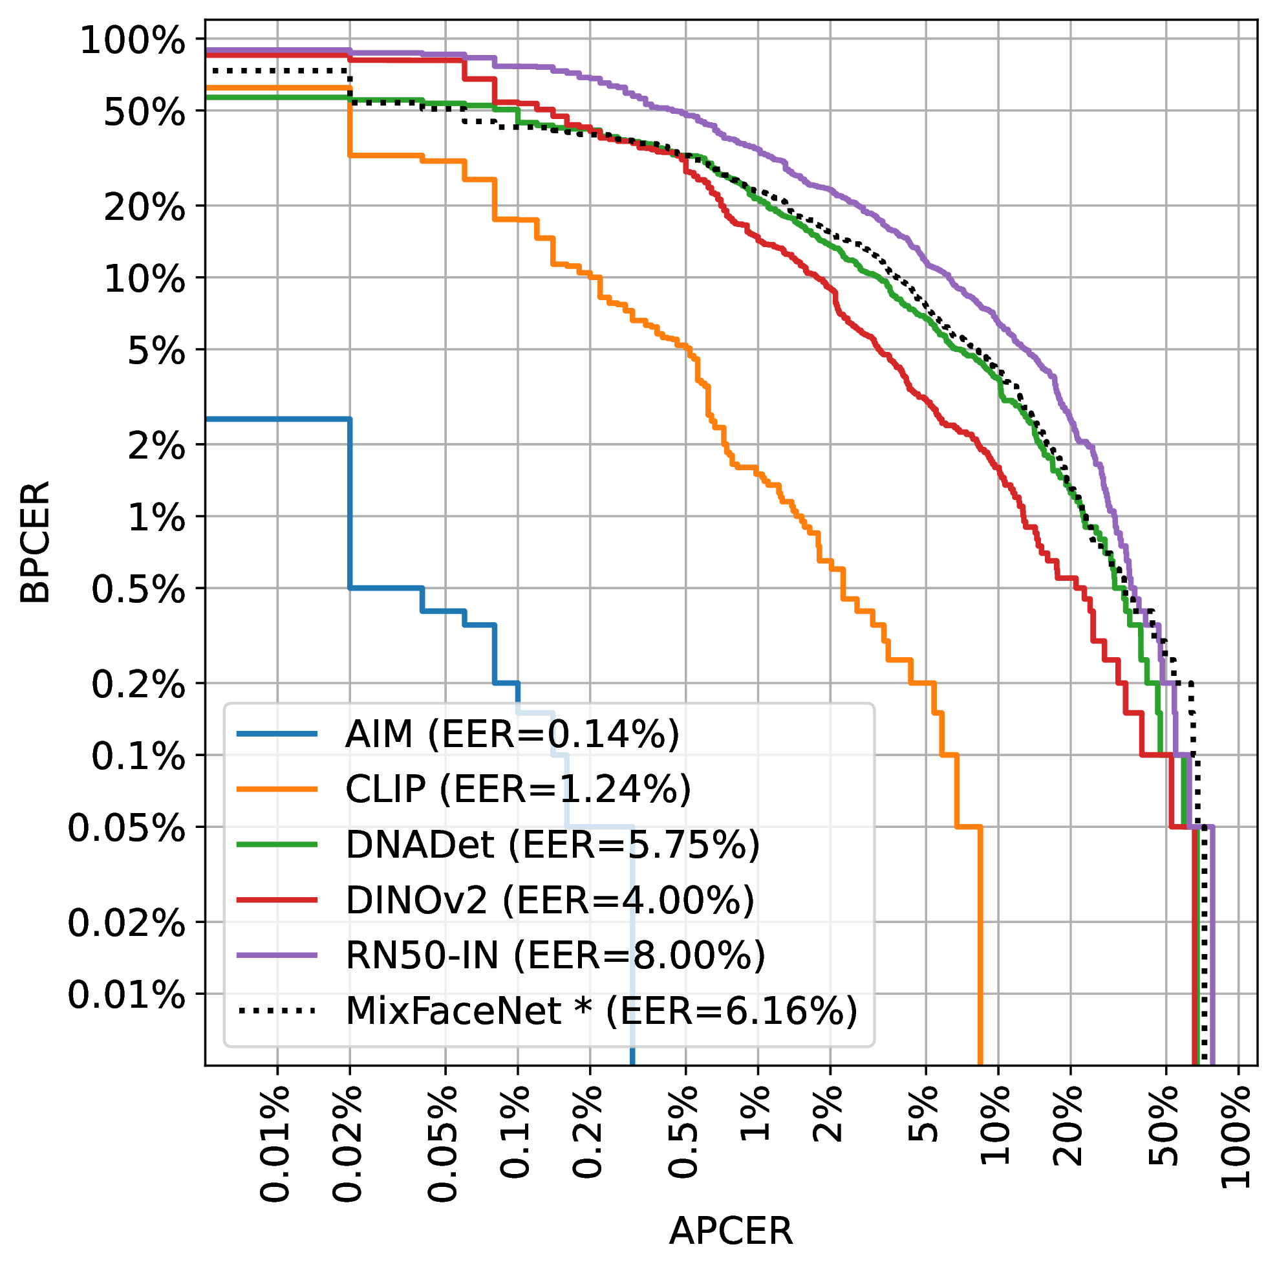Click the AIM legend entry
point(511,733)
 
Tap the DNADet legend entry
point(552,845)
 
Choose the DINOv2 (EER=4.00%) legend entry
point(549,899)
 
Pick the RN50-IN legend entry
point(555,955)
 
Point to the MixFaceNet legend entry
point(601,1010)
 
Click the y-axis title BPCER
point(34,542)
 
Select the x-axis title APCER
point(731,1232)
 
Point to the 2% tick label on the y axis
point(156,447)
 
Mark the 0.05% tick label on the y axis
point(126,829)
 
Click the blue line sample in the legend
point(277,733)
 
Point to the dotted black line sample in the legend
point(277,1010)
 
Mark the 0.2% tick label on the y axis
point(138,685)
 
